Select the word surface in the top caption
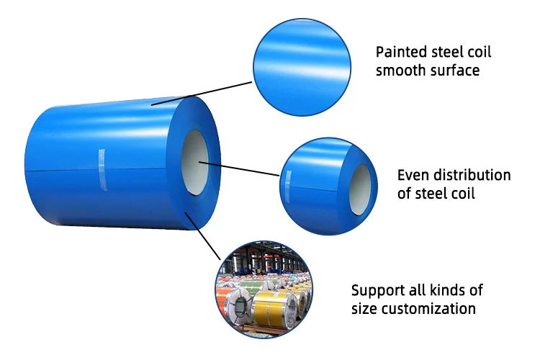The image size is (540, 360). coord(454,71)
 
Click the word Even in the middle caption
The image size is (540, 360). coord(412,175)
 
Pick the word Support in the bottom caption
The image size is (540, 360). coord(376,291)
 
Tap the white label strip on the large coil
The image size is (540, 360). coord(102,169)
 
